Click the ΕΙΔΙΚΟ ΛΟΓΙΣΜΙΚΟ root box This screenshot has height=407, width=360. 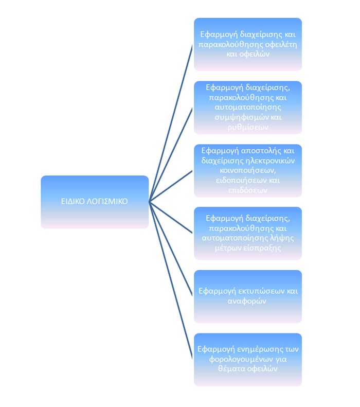click(95, 202)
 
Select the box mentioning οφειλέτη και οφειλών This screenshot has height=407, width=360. click(247, 44)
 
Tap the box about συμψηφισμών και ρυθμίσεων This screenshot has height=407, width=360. click(247, 107)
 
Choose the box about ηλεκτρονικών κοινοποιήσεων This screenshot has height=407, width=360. click(247, 170)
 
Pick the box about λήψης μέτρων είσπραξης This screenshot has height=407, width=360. click(247, 233)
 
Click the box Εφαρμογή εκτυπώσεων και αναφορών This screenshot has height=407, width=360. click(247, 296)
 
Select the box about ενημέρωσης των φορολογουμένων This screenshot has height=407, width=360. click(247, 359)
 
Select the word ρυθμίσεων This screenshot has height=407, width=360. click(247, 127)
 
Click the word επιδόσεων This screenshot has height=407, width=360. click(247, 190)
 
